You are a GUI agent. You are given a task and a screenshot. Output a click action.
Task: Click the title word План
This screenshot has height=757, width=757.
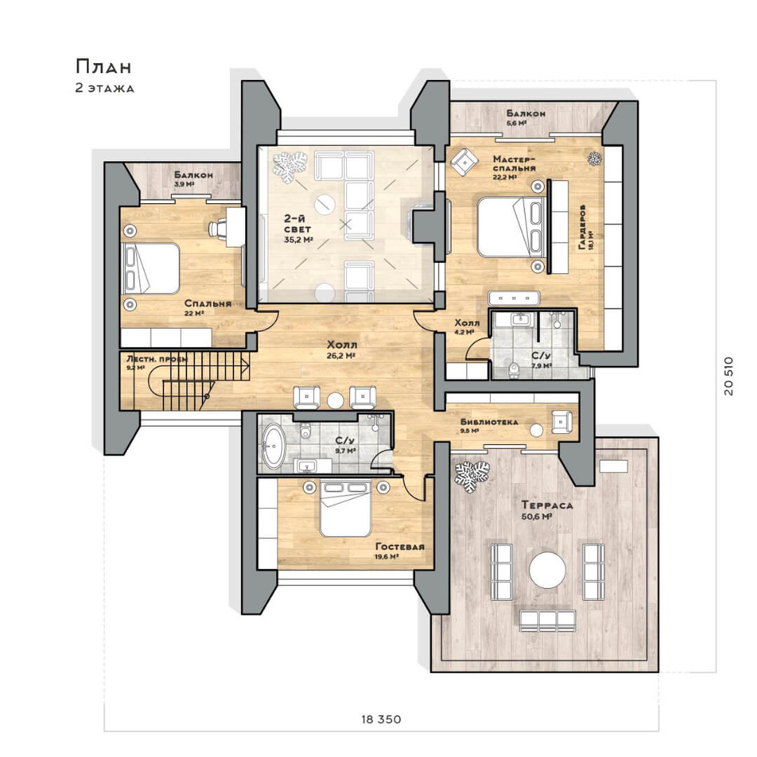tap(103, 67)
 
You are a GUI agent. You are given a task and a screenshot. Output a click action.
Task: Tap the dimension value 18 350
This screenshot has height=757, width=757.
tap(381, 719)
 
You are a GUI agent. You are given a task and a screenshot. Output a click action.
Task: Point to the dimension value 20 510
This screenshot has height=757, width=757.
tap(729, 376)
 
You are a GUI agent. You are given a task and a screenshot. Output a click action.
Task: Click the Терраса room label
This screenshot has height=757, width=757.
tap(547, 505)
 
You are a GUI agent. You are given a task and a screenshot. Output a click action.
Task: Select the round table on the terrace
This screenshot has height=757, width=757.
tap(547, 570)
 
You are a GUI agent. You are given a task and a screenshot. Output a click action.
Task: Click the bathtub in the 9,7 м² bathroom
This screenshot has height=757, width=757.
tap(274, 446)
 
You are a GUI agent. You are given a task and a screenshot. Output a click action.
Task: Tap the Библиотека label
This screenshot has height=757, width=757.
tap(489, 421)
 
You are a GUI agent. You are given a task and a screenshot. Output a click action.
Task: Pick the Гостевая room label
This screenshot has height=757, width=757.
tap(400, 547)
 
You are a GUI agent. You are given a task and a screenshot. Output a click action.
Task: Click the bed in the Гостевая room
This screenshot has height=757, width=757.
tap(345, 509)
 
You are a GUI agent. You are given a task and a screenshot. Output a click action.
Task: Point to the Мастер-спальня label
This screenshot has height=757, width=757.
tap(514, 163)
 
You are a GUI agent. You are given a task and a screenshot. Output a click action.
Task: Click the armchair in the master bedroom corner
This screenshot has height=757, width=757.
tap(464, 162)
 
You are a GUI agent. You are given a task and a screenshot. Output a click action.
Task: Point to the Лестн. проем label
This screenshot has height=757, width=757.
tap(156, 359)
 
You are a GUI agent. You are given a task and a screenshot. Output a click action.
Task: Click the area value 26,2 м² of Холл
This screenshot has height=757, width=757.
tap(341, 356)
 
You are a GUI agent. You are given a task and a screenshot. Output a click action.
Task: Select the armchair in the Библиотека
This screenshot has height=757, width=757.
tap(562, 421)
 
